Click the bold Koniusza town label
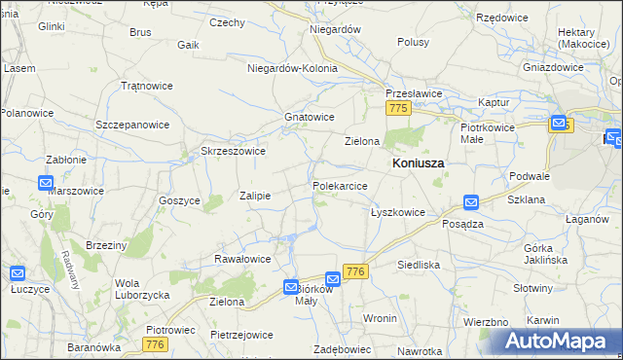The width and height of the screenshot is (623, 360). click(x=418, y=163)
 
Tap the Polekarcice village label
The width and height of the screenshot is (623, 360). click(x=339, y=185)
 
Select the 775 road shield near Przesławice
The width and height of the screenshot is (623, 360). click(x=396, y=111)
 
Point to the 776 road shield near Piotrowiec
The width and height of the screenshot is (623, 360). click(x=154, y=344)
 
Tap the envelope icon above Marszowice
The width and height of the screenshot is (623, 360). click(x=46, y=182)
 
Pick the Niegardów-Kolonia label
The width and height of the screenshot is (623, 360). click(x=292, y=69)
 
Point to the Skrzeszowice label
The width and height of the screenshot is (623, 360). click(x=233, y=151)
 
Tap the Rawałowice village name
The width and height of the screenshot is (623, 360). click(x=241, y=259)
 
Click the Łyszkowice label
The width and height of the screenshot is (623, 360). click(x=398, y=211)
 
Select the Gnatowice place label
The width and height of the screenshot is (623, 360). click(x=309, y=117)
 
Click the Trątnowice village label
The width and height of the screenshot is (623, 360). click(x=146, y=86)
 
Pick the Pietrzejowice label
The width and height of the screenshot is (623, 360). click(x=240, y=335)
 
